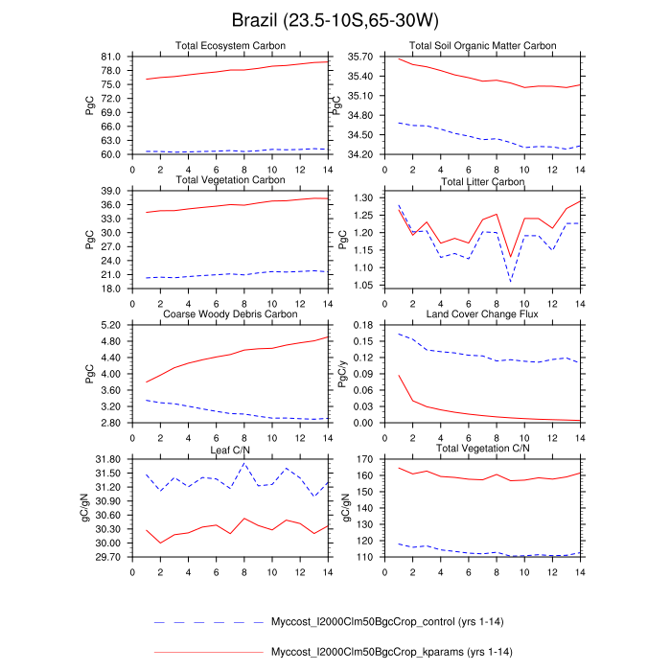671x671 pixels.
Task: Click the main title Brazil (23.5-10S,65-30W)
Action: point(335,19)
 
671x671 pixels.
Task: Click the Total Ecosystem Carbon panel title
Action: point(229,46)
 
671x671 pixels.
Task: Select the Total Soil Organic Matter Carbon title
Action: point(482,46)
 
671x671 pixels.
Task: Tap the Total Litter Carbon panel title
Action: point(482,181)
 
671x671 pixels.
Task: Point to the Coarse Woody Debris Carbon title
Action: point(229,314)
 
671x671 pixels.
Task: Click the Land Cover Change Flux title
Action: point(482,314)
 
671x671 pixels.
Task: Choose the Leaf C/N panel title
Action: point(229,449)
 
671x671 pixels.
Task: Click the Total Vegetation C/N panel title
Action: point(482,449)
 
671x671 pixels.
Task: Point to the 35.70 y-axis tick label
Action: point(362,57)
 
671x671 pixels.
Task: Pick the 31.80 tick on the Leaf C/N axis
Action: point(109,459)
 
